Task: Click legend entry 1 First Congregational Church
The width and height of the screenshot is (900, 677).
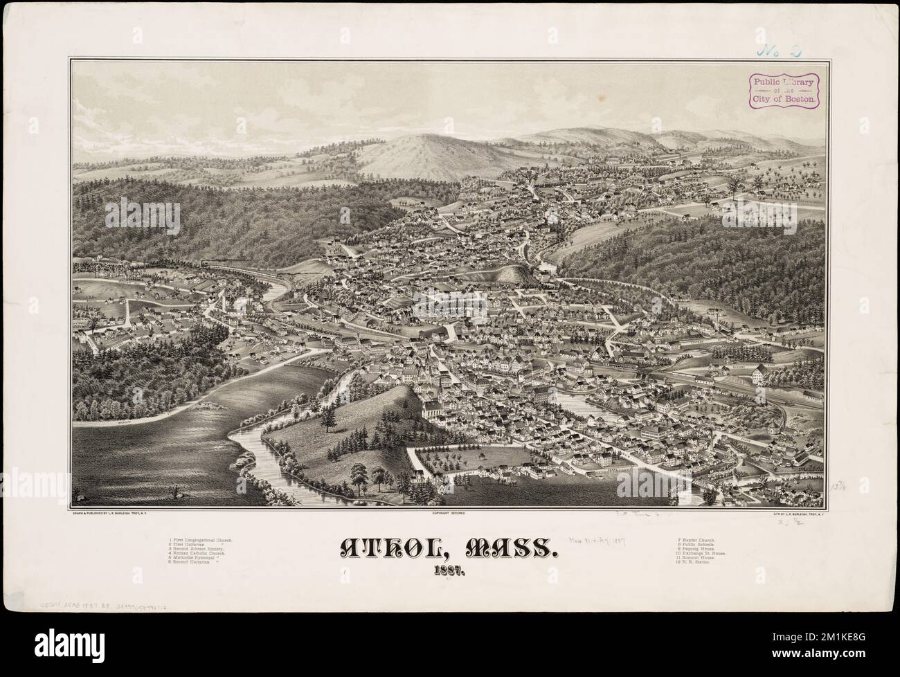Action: (x=201, y=539)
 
